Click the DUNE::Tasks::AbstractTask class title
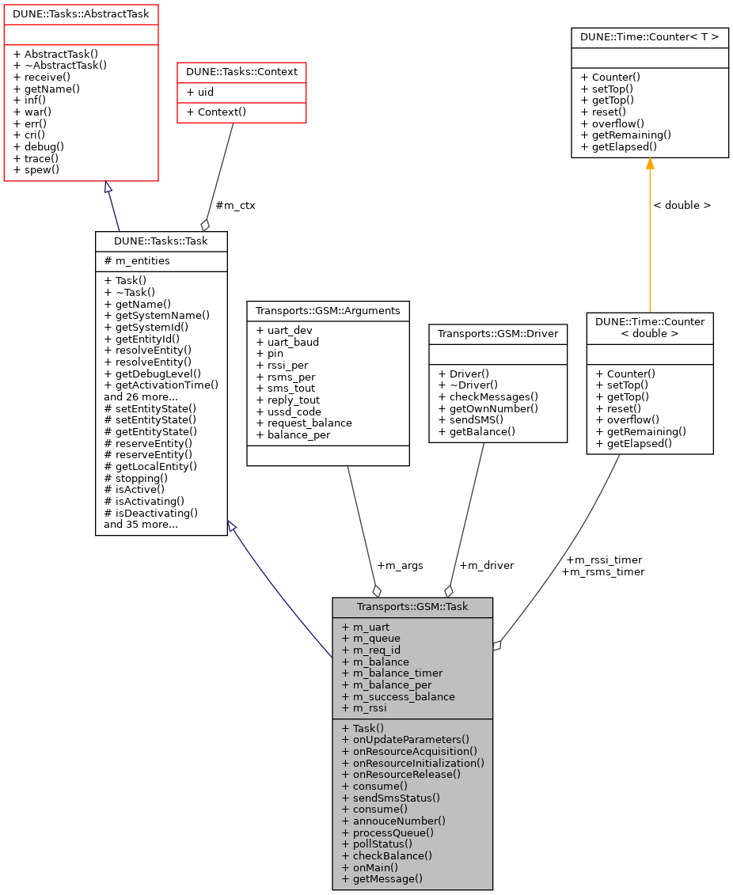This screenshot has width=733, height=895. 81,13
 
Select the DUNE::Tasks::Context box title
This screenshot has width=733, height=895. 241,72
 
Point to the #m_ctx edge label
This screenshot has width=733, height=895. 236,205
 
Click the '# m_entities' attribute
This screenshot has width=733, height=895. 136,261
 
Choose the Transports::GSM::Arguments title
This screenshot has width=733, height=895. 328,311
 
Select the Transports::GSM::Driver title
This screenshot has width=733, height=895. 498,333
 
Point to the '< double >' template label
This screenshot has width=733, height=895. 682,205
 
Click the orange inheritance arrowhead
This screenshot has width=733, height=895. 650,164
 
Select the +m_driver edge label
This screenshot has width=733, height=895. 486,565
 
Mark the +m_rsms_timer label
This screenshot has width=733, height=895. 602,571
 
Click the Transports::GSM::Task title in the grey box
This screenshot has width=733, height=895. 412,607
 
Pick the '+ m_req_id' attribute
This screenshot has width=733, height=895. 371,650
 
